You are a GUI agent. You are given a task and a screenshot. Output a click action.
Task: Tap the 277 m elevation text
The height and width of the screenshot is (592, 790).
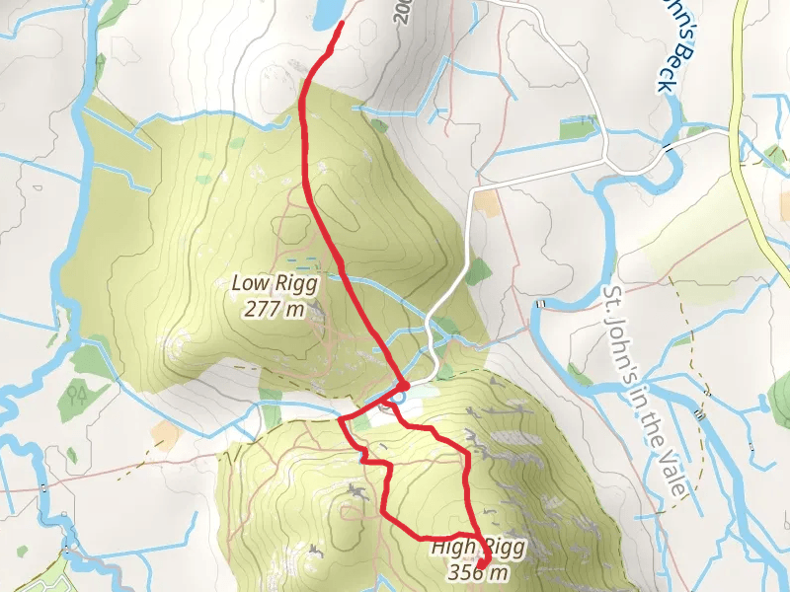274,309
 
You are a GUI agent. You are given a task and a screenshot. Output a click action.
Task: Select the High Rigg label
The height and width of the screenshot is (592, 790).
478,548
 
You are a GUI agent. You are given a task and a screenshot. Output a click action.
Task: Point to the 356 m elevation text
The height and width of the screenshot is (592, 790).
478,571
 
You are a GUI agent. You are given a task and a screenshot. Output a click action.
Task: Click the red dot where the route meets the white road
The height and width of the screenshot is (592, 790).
403,384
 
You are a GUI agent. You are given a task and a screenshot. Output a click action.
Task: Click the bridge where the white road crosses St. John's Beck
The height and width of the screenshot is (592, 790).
672,146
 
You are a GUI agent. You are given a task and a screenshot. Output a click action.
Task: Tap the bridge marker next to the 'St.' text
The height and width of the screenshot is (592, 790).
542,303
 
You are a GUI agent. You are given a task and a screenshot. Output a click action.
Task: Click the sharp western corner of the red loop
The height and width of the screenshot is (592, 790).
341,420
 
